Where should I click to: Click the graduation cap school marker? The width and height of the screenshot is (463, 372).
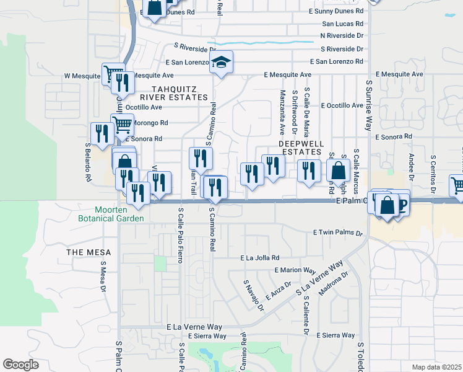click(x=221, y=62)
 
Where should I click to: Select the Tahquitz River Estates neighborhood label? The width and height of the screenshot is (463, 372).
click(x=173, y=93)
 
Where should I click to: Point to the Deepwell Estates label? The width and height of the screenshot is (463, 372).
click(x=302, y=147)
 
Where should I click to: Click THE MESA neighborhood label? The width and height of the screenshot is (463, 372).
click(x=89, y=252)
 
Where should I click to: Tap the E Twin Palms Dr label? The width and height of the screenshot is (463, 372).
click(x=337, y=232)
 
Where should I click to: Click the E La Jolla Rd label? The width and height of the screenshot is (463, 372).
click(x=260, y=258)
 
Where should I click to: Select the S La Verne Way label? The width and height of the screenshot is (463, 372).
click(x=319, y=278)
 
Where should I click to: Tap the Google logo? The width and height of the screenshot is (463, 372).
click(x=20, y=365)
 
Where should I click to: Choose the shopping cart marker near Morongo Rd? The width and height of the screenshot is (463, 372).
click(x=122, y=124)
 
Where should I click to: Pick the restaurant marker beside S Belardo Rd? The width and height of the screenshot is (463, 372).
click(x=100, y=133)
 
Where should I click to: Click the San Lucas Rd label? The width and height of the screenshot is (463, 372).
click(x=342, y=24)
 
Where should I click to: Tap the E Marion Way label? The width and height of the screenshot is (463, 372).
click(x=295, y=270)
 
